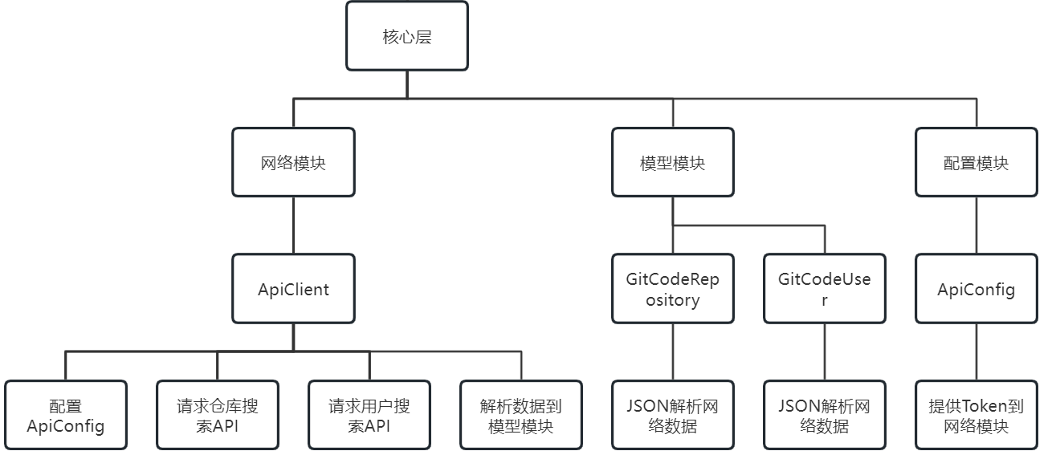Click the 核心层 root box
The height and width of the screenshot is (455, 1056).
point(406,36)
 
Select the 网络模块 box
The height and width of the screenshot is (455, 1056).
point(293,162)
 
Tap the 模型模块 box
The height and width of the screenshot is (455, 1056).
point(672,162)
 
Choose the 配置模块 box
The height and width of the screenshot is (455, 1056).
point(976,162)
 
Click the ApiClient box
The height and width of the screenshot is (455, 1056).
point(293,289)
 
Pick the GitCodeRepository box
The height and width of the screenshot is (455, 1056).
point(672,289)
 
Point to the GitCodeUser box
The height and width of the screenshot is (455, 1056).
point(824,289)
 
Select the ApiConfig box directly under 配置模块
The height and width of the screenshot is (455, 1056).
point(976,289)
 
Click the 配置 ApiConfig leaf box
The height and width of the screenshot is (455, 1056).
point(66,415)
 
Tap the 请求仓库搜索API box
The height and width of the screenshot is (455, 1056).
point(218,415)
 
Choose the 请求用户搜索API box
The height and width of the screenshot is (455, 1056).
point(369,415)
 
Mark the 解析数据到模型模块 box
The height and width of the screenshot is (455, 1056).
point(521,415)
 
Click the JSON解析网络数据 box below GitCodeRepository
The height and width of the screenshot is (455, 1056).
point(672,415)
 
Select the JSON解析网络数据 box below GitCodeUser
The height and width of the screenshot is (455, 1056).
point(824,415)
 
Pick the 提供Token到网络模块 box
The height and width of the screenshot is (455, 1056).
point(976,415)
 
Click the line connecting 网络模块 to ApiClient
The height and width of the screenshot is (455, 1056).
point(293,225)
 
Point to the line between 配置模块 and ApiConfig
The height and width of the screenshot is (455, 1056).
point(976,225)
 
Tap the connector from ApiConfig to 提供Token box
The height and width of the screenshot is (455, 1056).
point(976,351)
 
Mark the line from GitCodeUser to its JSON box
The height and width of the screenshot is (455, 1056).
point(824,351)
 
